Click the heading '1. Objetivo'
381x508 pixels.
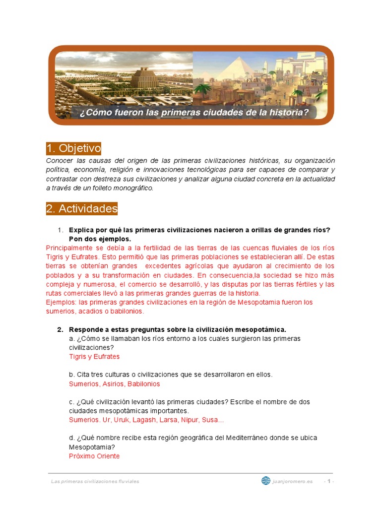tap(73, 148)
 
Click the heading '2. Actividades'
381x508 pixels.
tap(82, 209)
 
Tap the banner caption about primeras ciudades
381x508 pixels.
tap(194, 113)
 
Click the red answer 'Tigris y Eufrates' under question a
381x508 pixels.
tap(94, 357)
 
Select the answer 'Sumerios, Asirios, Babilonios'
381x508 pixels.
tap(114, 384)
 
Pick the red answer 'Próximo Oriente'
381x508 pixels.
tap(94, 456)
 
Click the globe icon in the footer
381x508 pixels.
tap(266, 481)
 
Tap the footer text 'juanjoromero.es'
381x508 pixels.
tap(293, 481)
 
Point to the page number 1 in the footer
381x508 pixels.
tap(329, 481)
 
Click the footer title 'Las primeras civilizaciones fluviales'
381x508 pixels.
tap(95, 481)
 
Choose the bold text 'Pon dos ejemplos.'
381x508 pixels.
tap(100, 239)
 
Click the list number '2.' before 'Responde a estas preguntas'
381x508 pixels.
tap(60, 330)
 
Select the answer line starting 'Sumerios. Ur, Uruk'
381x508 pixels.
tap(146, 420)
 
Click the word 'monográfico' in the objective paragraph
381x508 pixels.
tap(133, 188)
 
